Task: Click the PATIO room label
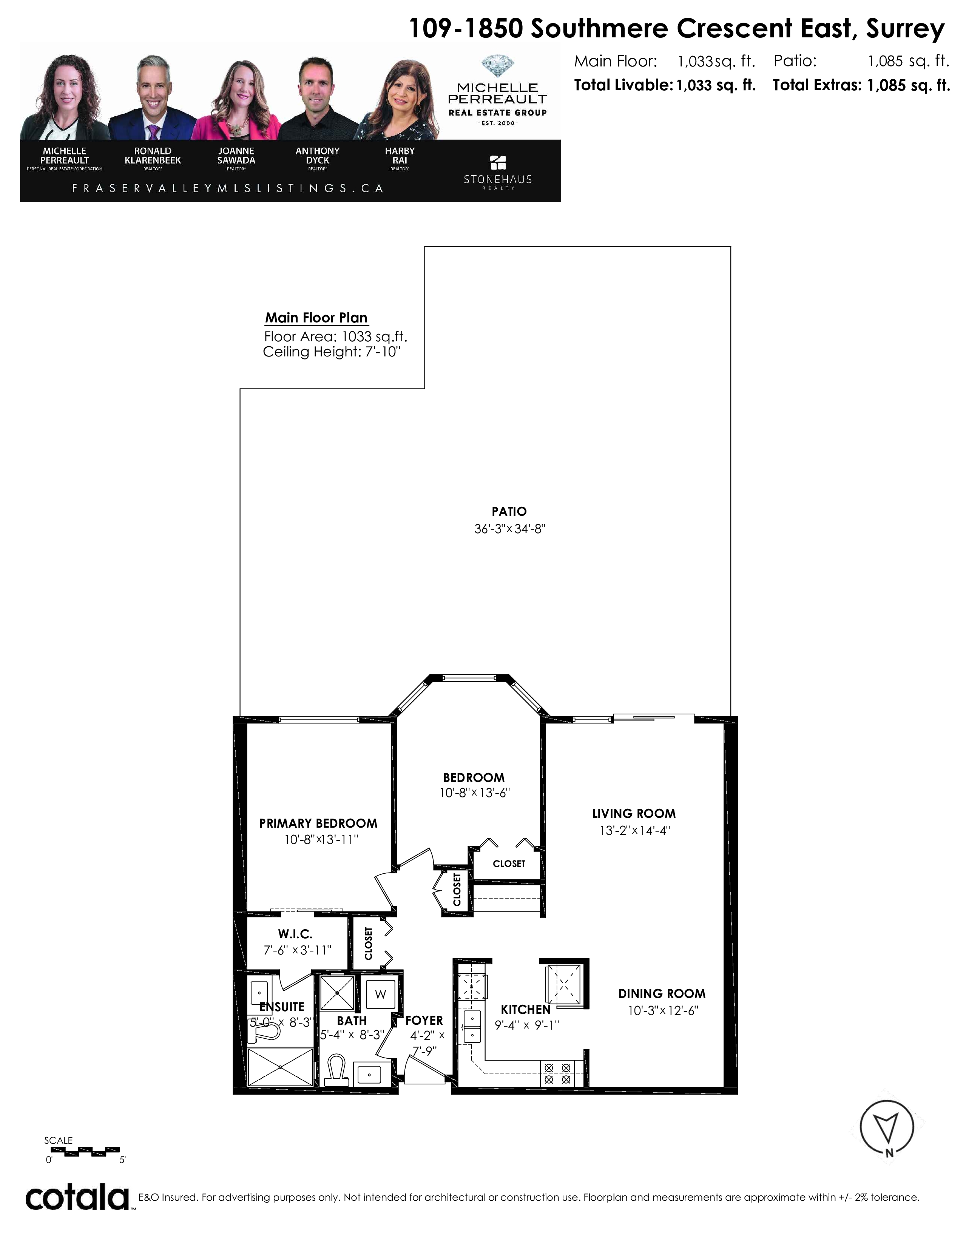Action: (x=509, y=512)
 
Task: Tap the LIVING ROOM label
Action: (x=634, y=814)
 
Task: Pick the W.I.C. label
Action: (x=295, y=934)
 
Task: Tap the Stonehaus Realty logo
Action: (x=497, y=172)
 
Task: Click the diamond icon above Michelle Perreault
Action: (x=497, y=66)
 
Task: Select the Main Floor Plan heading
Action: (x=316, y=318)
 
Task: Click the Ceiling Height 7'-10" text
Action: (x=332, y=352)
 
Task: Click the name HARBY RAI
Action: (x=400, y=156)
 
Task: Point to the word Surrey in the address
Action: (x=905, y=29)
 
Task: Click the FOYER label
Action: (x=424, y=1020)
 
